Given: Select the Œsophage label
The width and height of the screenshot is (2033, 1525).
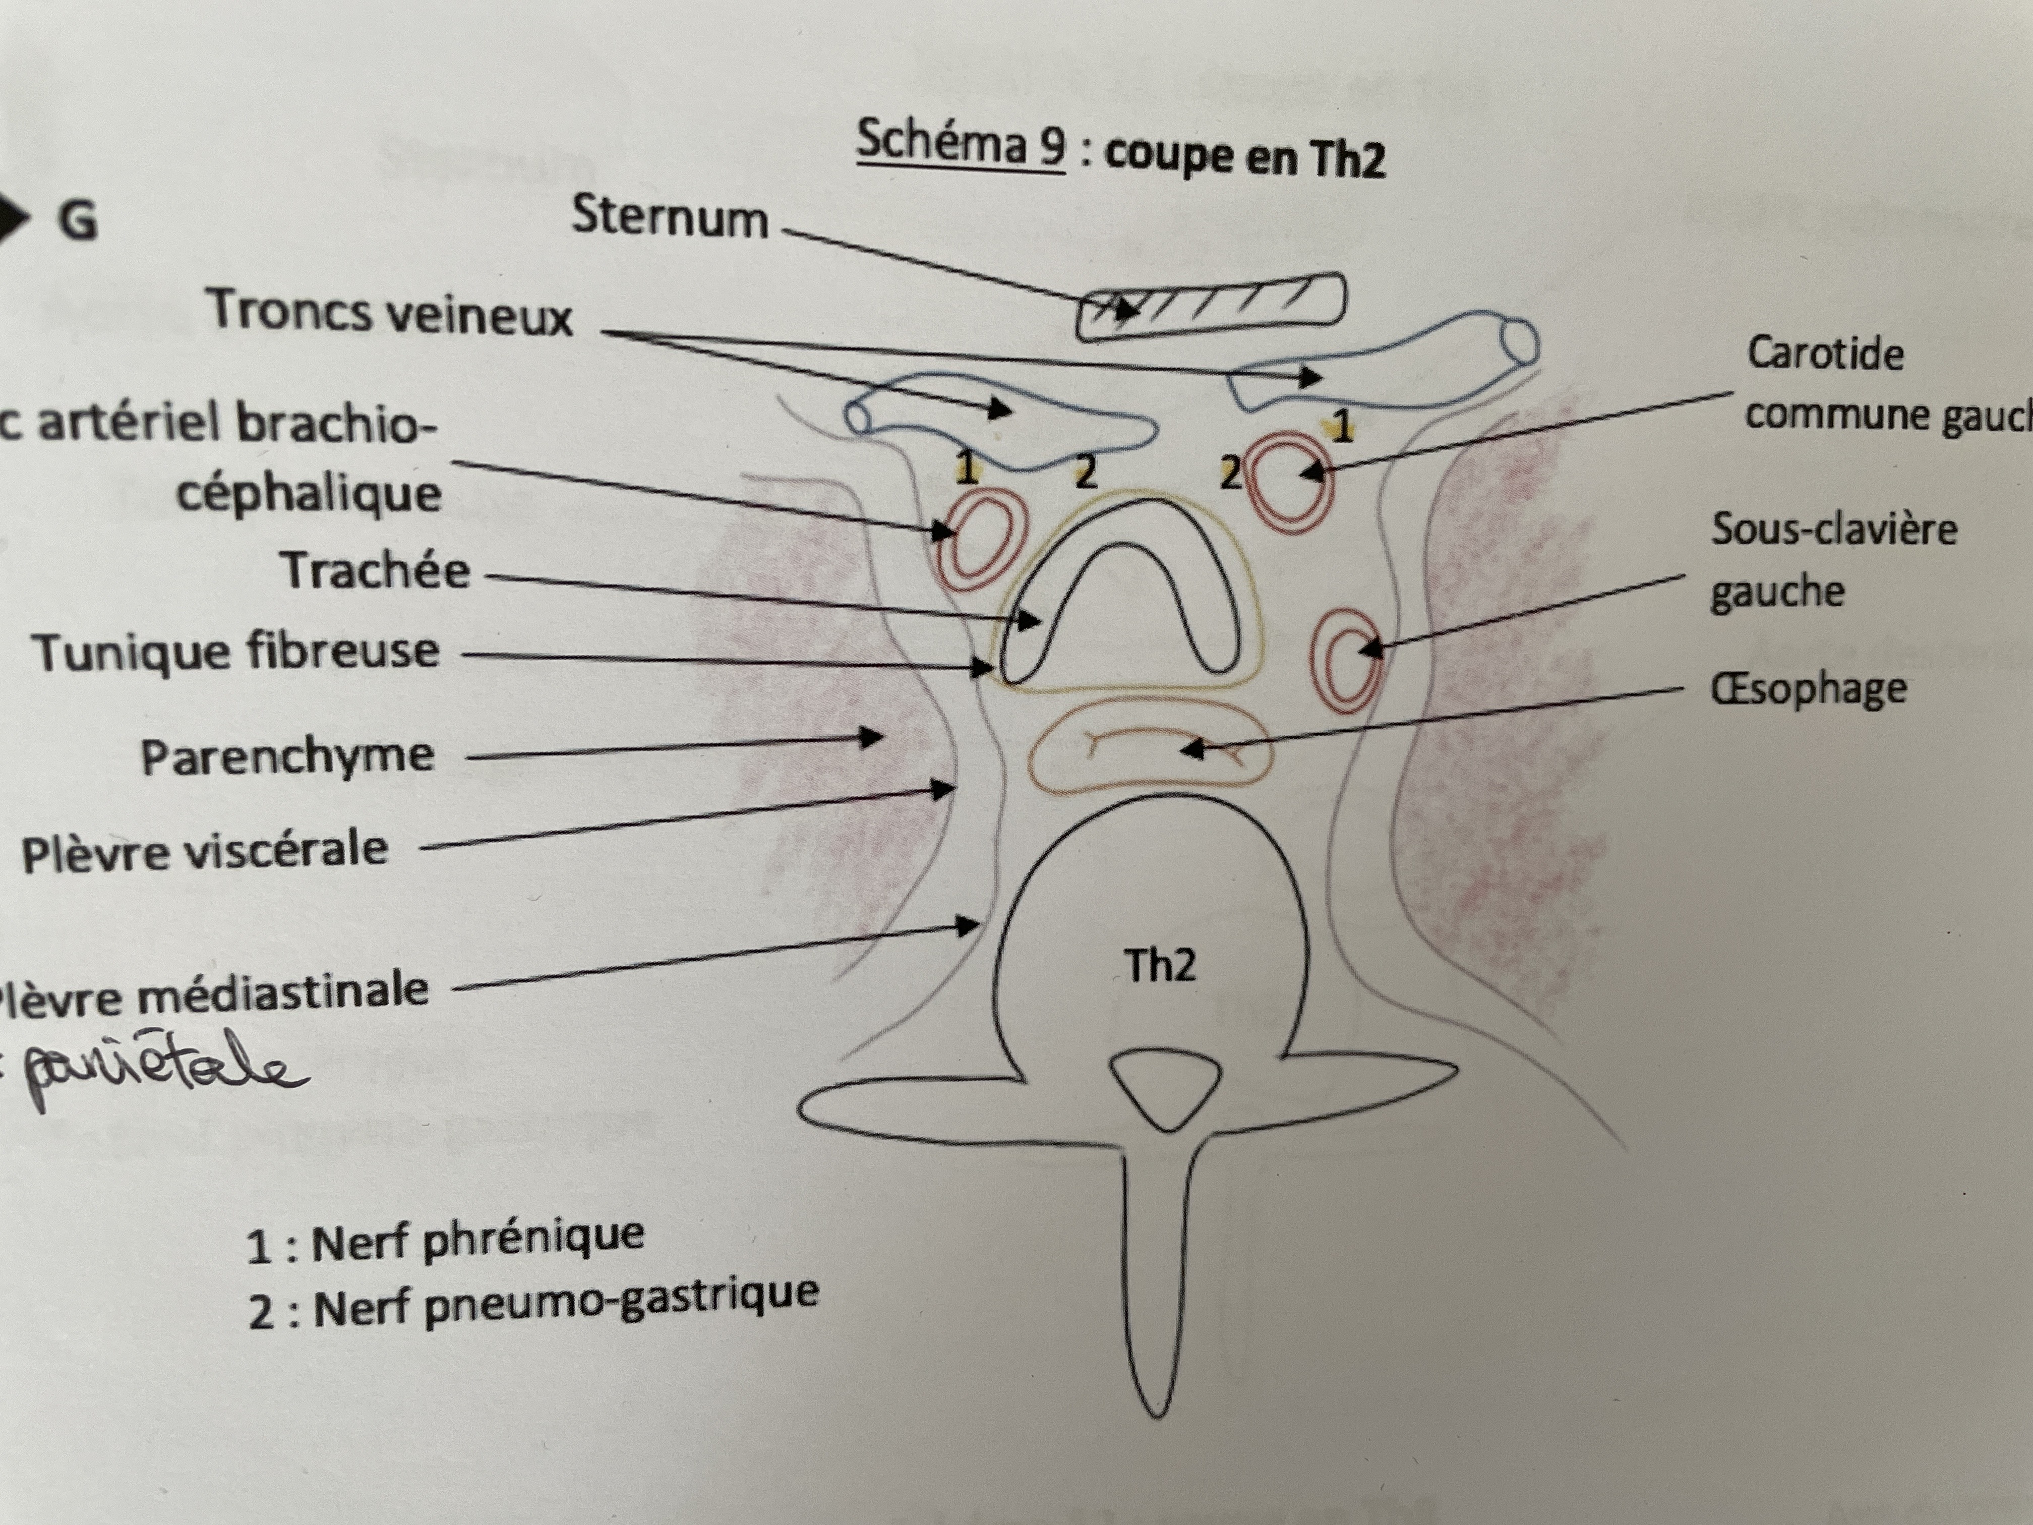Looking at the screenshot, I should coord(1808,689).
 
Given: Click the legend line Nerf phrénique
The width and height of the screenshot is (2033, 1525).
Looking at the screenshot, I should coord(446,1241).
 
